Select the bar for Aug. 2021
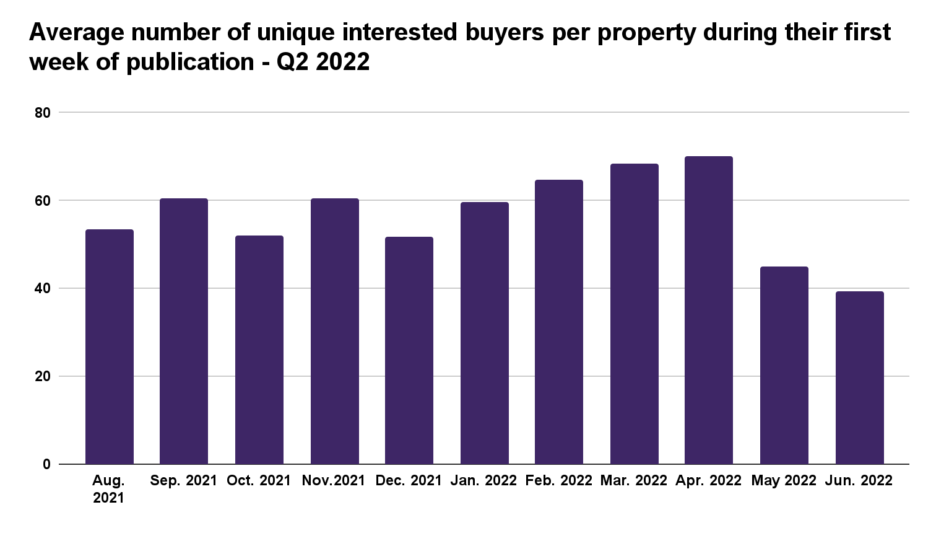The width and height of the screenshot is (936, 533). click(110, 347)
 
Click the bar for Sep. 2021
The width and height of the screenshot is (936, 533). click(184, 332)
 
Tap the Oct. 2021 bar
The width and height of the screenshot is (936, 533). click(259, 350)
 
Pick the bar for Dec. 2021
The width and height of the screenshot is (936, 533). click(409, 351)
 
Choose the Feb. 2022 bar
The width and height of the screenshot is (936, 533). click(559, 322)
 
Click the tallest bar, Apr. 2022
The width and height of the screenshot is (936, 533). click(709, 310)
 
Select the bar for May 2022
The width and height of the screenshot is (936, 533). click(784, 366)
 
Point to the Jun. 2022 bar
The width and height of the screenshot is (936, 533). click(859, 378)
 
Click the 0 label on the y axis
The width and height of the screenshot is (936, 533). click(46, 464)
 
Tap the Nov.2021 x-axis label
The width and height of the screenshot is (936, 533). click(334, 481)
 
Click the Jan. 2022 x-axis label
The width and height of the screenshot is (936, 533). click(484, 481)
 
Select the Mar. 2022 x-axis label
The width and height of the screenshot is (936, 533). click(634, 481)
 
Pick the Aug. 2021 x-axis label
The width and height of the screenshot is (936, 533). click(109, 489)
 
